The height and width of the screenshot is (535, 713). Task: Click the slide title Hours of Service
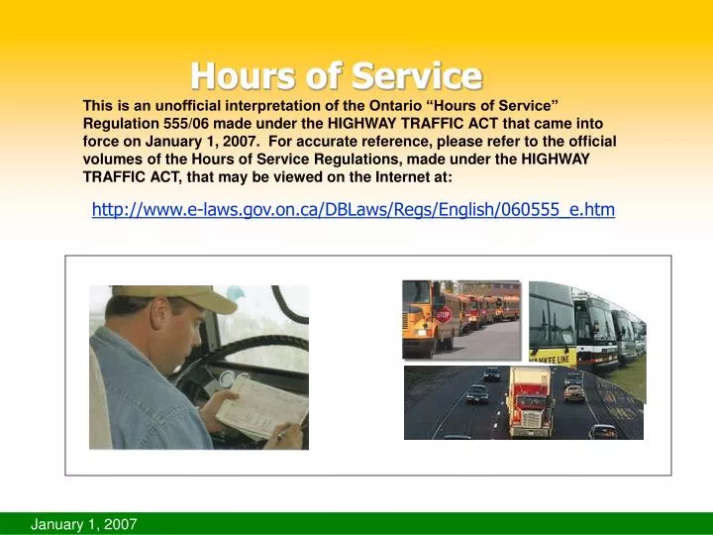336,75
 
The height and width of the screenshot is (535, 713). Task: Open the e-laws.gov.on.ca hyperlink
354,209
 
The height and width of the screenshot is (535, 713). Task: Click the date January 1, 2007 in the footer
84,522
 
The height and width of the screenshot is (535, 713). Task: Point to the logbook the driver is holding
257,405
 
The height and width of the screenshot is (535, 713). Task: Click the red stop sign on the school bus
443,314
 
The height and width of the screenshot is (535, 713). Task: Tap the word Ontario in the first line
403,105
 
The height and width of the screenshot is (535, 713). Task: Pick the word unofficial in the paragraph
178,105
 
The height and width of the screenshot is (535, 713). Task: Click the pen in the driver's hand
281,434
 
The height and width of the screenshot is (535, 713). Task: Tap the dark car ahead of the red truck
477,393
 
